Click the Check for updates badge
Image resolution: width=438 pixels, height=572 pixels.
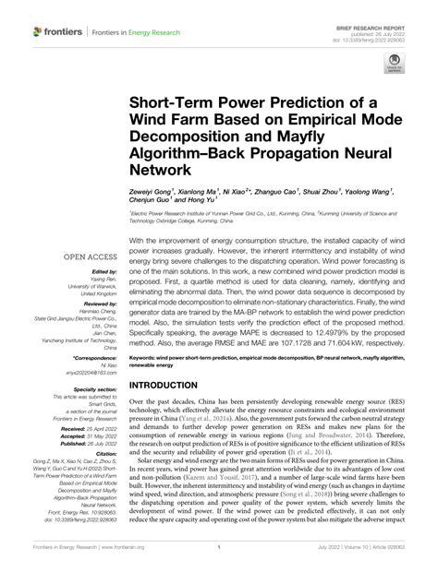(394, 67)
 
